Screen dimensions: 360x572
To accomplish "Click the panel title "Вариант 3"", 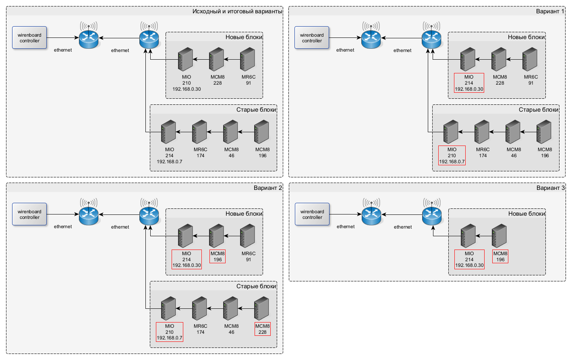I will click(550, 188).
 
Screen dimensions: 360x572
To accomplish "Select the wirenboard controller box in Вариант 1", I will click(312, 38).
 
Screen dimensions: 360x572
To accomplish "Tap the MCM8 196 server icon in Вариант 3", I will click(499, 236).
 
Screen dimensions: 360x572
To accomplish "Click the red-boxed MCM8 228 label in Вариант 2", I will click(263, 329).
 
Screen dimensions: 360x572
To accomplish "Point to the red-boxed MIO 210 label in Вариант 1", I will click(452, 156).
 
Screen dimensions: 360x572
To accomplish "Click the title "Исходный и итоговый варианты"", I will click(237, 11).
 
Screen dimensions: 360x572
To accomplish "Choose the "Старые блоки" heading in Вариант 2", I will click(256, 286).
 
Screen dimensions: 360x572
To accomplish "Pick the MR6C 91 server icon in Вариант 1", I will click(530, 59).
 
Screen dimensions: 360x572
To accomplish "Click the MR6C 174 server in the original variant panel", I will click(200, 132).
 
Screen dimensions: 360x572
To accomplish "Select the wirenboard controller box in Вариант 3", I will click(312, 214).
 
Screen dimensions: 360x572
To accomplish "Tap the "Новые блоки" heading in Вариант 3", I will click(526, 214).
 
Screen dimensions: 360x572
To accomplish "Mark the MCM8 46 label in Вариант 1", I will click(514, 152).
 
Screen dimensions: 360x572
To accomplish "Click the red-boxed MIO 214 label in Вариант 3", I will click(469, 260).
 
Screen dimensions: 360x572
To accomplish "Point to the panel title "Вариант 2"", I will click(268, 188).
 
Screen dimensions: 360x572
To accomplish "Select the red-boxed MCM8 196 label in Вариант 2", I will click(218, 256).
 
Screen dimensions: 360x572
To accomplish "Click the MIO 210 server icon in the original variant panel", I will click(186, 59).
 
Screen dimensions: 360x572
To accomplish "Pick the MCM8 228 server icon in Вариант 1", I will click(499, 59).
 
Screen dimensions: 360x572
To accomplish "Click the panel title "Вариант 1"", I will click(550, 11).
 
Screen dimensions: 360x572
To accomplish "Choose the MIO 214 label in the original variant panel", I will click(170, 156).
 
